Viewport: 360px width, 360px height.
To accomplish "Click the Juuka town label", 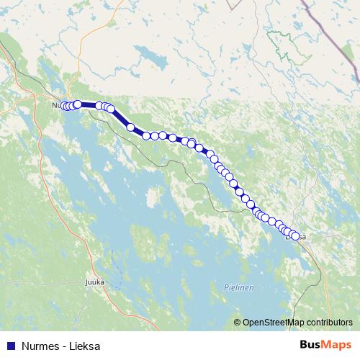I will (95, 282).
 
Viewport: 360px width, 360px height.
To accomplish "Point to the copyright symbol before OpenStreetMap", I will (238, 323).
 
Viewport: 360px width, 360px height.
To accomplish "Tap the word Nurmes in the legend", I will (35, 346).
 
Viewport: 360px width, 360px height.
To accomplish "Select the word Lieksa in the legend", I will (84, 346).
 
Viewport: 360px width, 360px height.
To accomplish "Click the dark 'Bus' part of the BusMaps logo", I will (311, 345).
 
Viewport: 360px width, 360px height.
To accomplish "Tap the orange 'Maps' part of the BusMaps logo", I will (338, 345).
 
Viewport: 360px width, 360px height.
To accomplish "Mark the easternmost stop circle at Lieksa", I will (294, 235).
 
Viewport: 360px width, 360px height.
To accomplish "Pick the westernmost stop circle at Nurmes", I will (63, 106).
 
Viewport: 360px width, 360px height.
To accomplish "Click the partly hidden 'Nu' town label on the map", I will (56, 106).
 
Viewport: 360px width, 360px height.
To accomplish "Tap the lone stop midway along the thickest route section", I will (131, 127).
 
